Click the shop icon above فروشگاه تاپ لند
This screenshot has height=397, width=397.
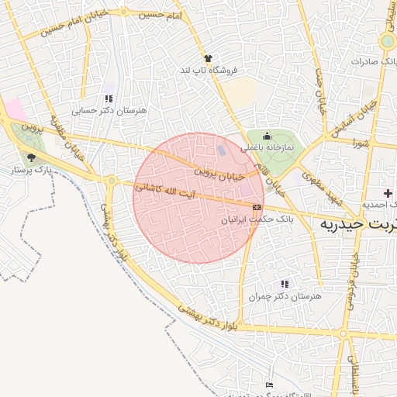[208, 58]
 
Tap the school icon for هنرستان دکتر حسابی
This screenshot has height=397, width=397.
[109, 98]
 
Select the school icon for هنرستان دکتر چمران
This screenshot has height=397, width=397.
[285, 284]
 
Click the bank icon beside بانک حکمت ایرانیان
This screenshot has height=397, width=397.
[257, 207]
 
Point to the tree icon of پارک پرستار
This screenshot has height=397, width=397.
[30, 157]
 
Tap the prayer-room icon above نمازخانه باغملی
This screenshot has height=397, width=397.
[268, 136]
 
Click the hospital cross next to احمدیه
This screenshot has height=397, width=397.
[388, 192]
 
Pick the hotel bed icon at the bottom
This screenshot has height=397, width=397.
[269, 385]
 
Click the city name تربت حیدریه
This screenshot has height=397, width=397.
[360, 223]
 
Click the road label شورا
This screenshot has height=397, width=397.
[362, 143]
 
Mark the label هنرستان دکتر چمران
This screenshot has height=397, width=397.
[286, 296]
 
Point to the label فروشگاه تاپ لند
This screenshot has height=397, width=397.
[208, 71]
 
